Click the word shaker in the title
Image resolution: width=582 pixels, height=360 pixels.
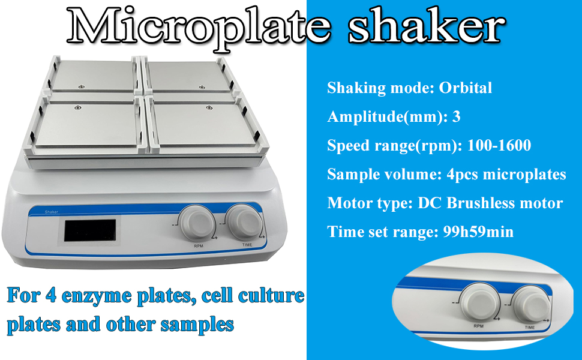(x=427, y=26)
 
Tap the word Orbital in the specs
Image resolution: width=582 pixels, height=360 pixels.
(x=466, y=88)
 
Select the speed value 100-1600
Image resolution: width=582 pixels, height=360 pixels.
(x=499, y=145)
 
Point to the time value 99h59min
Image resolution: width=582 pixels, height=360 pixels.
(x=478, y=232)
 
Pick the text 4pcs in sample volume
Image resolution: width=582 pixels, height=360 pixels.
(x=462, y=175)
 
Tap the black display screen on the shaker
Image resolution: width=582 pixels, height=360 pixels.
(x=90, y=230)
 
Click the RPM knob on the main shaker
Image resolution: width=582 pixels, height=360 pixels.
(x=197, y=223)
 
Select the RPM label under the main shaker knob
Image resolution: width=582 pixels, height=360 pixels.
(x=199, y=246)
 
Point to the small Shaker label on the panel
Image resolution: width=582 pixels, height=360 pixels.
(x=52, y=212)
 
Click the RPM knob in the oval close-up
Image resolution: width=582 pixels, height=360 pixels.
(x=478, y=301)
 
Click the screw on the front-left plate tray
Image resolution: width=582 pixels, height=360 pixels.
(x=77, y=107)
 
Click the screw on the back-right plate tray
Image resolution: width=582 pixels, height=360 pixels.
(x=202, y=87)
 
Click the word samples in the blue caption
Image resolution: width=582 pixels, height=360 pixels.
(x=197, y=325)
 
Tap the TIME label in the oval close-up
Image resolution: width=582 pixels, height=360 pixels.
(x=530, y=328)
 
